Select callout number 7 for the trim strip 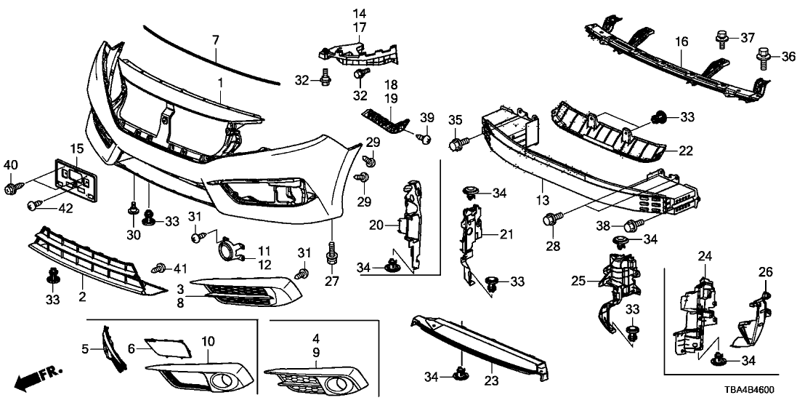214,39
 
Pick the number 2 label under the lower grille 82,297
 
